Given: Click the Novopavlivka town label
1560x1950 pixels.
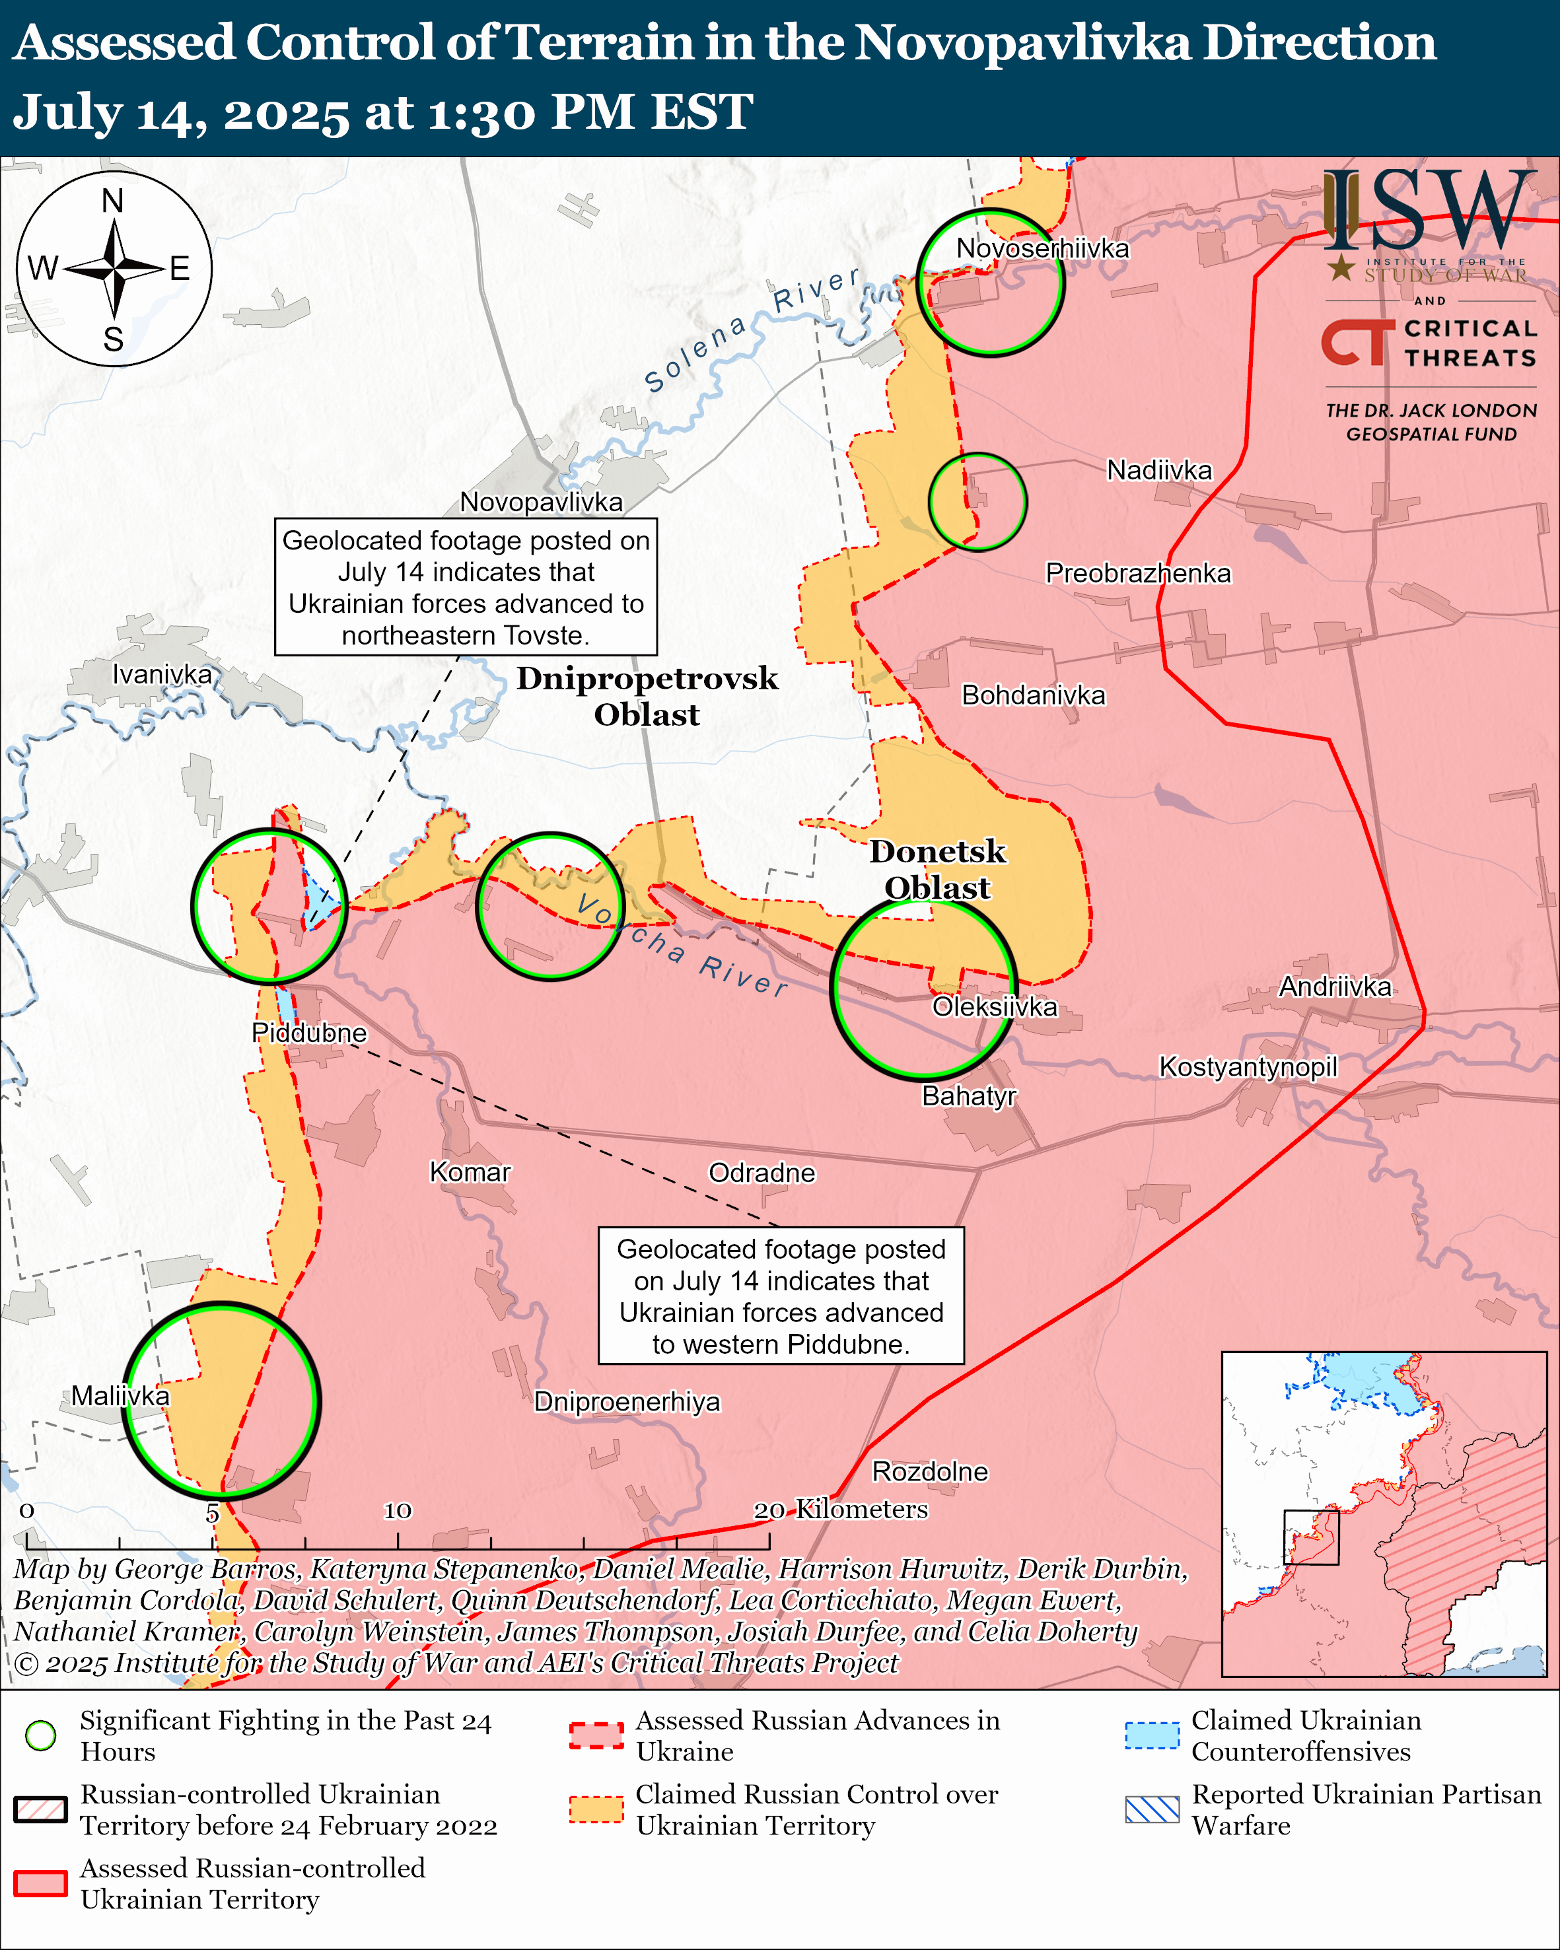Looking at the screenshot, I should tap(541, 502).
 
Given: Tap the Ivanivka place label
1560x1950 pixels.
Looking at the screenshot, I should tap(162, 674).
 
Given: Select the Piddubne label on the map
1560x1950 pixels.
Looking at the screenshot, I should tap(309, 1033).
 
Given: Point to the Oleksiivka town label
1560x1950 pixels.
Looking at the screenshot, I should tap(994, 1006).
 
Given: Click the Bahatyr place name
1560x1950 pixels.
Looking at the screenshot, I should tap(968, 1096).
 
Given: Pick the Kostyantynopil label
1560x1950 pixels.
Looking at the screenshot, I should tap(1248, 1066).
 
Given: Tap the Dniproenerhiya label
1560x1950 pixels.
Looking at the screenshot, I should tap(627, 1402).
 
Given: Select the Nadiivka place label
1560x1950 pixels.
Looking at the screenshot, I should tap(1158, 470).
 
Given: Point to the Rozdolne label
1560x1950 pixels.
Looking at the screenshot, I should tap(930, 1471).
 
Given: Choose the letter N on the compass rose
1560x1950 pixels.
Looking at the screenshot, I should tap(113, 201).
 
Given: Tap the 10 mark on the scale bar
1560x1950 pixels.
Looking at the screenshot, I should tap(398, 1510).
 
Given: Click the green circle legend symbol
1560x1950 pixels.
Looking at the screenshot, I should tap(41, 1735).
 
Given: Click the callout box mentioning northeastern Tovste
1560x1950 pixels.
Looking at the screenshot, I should tap(466, 587).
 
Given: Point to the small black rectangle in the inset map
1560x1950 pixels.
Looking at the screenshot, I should tap(1310, 1537).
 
